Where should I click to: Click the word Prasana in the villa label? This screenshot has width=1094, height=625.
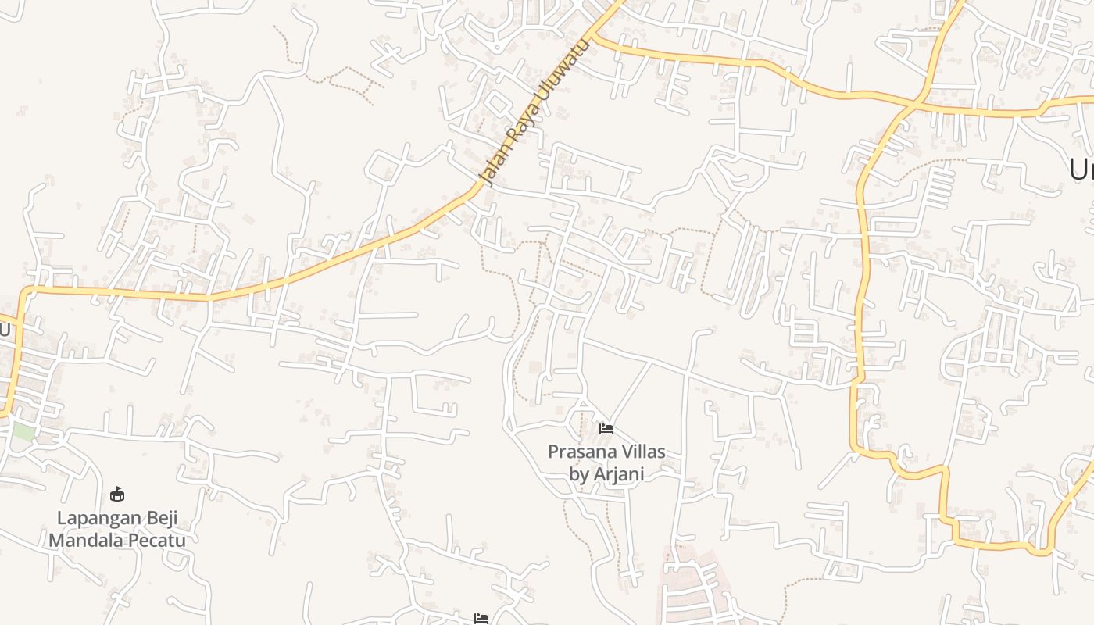point(577,452)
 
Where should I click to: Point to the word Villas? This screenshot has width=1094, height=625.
point(637,452)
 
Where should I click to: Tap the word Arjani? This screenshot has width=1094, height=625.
point(620,474)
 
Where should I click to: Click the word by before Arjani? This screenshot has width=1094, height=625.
point(581,474)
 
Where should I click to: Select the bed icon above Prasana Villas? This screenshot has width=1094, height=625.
point(606,428)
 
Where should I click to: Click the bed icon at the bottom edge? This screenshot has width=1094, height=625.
point(481,619)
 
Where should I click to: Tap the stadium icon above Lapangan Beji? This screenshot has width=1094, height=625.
point(117,494)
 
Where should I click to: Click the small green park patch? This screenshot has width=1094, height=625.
point(23,431)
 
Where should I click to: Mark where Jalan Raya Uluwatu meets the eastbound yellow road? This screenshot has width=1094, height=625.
point(596,36)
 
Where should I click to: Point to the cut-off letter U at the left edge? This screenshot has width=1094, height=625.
point(5,330)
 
